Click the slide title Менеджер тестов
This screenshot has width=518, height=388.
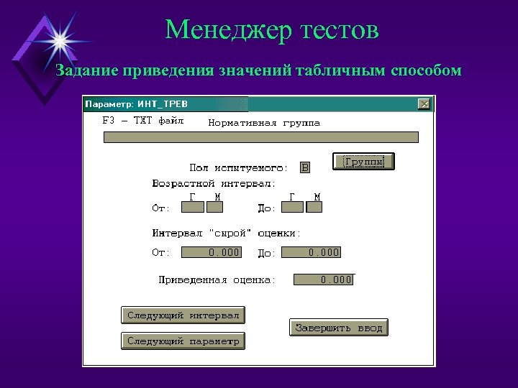[x=271, y=29]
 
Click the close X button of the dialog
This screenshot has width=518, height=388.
[x=424, y=104]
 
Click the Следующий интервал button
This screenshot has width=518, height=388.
[x=183, y=315]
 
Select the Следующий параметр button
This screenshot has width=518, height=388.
[x=183, y=341]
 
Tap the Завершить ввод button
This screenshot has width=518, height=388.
[x=339, y=328]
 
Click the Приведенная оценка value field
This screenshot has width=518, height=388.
[x=324, y=280]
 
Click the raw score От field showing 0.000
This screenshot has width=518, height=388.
[x=211, y=252]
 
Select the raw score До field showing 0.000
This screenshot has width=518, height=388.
[x=311, y=252]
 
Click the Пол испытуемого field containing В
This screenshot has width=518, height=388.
[x=305, y=167]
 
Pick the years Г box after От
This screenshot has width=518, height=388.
[x=192, y=208]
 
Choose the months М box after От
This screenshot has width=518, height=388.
[x=215, y=208]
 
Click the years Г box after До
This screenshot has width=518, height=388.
[x=292, y=208]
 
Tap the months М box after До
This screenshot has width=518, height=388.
[x=314, y=208]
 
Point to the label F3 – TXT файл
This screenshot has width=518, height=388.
[x=143, y=121]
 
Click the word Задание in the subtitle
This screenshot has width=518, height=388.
[x=86, y=70]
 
